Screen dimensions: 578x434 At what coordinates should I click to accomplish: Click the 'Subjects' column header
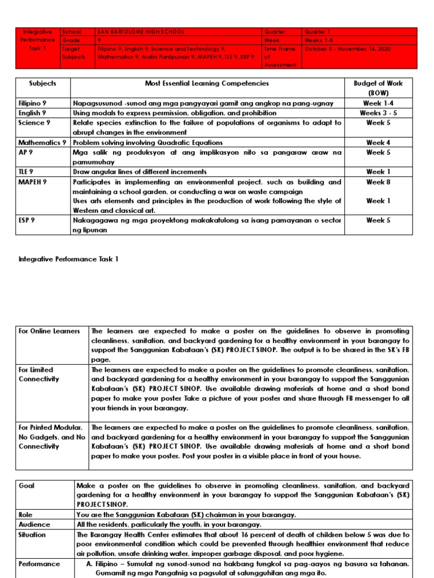click(x=42, y=84)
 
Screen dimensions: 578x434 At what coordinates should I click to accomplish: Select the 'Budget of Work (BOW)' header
click(x=378, y=87)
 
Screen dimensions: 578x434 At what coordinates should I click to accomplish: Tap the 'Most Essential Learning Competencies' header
click(x=207, y=84)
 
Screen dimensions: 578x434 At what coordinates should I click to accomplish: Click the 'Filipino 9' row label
click(x=34, y=103)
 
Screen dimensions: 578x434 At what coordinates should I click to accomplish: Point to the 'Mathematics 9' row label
click(x=42, y=143)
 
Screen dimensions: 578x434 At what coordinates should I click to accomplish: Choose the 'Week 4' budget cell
click(x=378, y=143)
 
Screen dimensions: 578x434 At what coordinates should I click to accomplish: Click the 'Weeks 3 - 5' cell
click(x=378, y=113)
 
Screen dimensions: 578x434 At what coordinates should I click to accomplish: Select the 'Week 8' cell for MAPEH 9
click(x=378, y=182)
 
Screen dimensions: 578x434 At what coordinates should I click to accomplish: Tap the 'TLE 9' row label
click(x=26, y=172)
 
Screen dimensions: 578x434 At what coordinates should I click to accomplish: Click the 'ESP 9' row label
click(x=27, y=220)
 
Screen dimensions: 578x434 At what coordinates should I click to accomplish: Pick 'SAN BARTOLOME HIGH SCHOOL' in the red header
click(x=141, y=32)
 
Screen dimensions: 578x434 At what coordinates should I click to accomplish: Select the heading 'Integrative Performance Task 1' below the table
click(x=68, y=259)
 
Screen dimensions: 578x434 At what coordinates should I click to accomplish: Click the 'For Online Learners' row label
click(x=49, y=331)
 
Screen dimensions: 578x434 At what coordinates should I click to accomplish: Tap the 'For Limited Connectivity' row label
click(x=39, y=374)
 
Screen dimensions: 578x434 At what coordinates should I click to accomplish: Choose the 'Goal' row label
click(x=27, y=485)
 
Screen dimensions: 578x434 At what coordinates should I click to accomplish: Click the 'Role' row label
click(x=26, y=515)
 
